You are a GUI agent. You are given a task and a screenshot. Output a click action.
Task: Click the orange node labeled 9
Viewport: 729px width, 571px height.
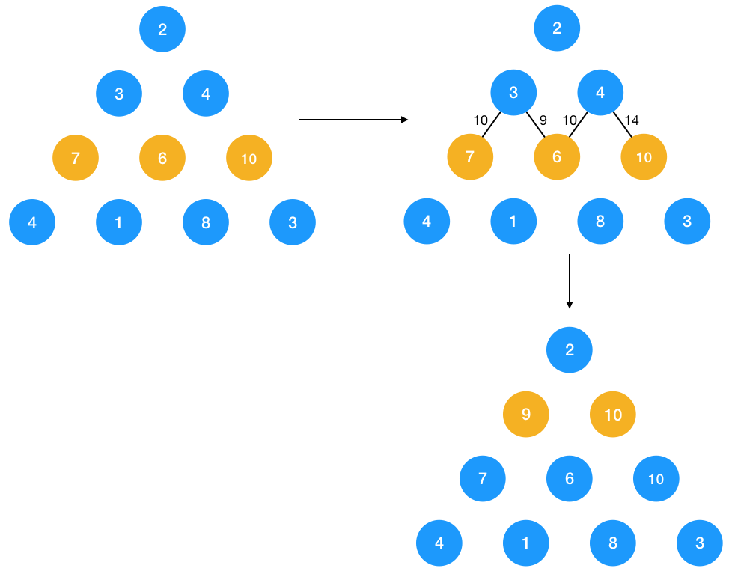pos(525,414)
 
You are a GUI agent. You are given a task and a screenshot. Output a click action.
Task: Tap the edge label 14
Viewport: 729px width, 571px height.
pos(632,120)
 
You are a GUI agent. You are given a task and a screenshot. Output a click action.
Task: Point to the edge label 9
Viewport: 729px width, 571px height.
pos(543,120)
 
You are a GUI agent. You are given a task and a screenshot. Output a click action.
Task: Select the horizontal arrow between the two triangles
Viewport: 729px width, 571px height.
pos(353,120)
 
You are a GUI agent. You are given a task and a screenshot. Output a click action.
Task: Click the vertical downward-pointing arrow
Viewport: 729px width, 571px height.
pos(570,281)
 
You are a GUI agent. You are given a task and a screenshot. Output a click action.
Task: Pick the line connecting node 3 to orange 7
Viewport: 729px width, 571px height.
pos(491,125)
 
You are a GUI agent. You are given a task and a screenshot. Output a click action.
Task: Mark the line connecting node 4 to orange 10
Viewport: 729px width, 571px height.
pos(623,125)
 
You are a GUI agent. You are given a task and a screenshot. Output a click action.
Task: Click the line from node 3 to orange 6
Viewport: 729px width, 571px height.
pos(536,125)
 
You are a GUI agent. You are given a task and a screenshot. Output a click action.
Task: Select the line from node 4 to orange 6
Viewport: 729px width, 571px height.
pos(579,125)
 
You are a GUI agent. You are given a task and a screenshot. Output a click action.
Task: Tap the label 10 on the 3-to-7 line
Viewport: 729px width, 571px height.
pos(481,120)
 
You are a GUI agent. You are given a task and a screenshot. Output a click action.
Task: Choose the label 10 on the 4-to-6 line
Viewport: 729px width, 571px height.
pos(570,120)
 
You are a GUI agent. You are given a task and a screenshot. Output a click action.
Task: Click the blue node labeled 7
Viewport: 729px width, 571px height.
pos(482,478)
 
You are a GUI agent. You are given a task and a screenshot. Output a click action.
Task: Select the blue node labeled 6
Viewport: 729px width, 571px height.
pos(570,478)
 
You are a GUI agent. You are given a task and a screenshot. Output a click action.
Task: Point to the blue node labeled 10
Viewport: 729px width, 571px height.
pos(656,478)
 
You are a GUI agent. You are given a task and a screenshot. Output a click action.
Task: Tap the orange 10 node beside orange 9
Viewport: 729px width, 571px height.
pos(612,414)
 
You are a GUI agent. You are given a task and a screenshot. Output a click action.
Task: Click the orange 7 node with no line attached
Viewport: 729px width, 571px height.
pos(75,158)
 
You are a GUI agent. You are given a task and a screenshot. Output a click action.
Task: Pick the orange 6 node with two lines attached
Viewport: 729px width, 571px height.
pos(557,157)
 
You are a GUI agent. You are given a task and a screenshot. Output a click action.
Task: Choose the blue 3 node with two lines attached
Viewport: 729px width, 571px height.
pos(513,93)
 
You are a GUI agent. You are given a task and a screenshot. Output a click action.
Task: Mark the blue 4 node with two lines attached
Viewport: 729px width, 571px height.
pos(600,93)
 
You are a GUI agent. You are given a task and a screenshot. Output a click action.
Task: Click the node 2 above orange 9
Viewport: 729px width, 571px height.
pos(570,349)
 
